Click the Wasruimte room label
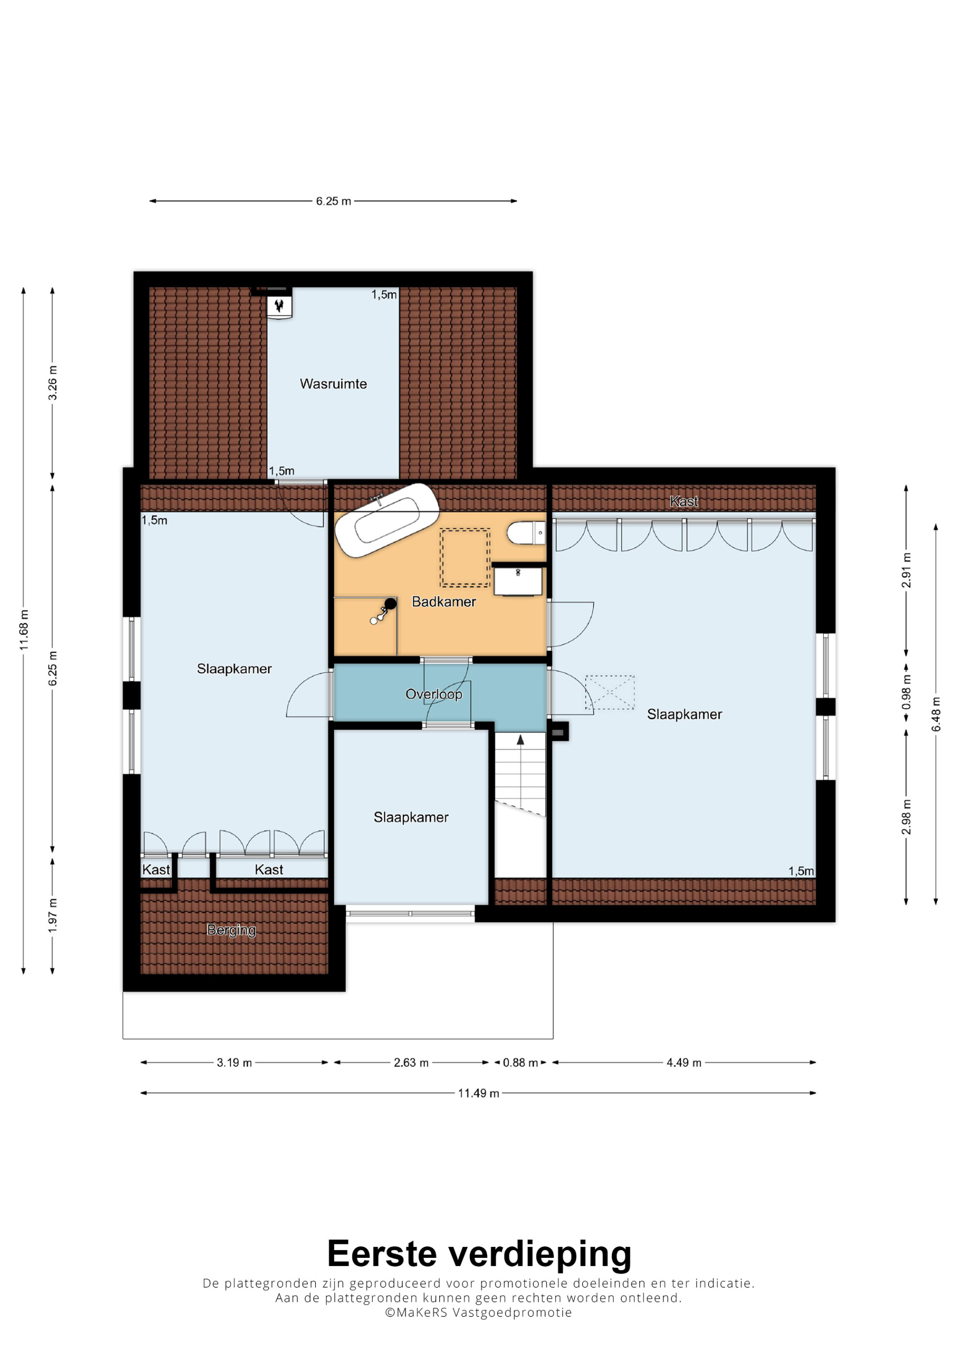click(x=333, y=384)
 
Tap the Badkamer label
click(x=444, y=601)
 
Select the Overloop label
click(x=434, y=694)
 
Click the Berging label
click(x=231, y=930)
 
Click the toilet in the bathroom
click(x=526, y=533)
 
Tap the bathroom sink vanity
click(x=518, y=581)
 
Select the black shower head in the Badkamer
click(x=390, y=603)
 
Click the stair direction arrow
click(x=520, y=740)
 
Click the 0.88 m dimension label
click(x=520, y=1063)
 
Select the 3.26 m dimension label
click(x=53, y=383)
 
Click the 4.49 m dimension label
click(x=684, y=1063)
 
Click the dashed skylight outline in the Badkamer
click(x=465, y=557)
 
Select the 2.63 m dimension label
click(x=411, y=1063)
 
